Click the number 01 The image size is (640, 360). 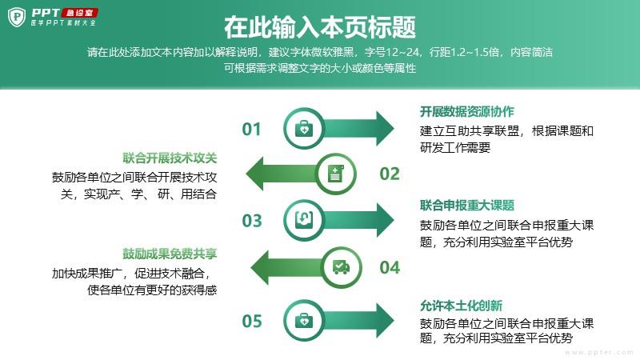(251, 129)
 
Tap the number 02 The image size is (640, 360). (390, 174)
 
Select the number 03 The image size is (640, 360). (251, 221)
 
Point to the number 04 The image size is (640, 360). (390, 268)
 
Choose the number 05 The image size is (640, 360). (251, 322)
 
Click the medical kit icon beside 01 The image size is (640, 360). (304, 129)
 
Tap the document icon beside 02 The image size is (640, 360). (336, 174)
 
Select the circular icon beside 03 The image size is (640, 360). (304, 221)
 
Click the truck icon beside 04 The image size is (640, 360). (342, 267)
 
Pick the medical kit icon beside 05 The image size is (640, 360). (304, 321)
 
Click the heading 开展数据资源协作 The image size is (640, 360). (467, 111)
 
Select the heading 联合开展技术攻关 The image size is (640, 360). (170, 158)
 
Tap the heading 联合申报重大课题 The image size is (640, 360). (467, 206)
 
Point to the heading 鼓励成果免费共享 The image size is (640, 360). (170, 254)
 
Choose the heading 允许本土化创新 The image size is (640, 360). (462, 306)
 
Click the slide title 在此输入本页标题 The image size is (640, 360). (320, 27)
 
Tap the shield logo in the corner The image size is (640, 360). (17, 17)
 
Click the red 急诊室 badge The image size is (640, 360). (79, 13)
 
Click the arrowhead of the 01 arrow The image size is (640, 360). (385, 129)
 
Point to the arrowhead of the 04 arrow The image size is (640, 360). (260, 268)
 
